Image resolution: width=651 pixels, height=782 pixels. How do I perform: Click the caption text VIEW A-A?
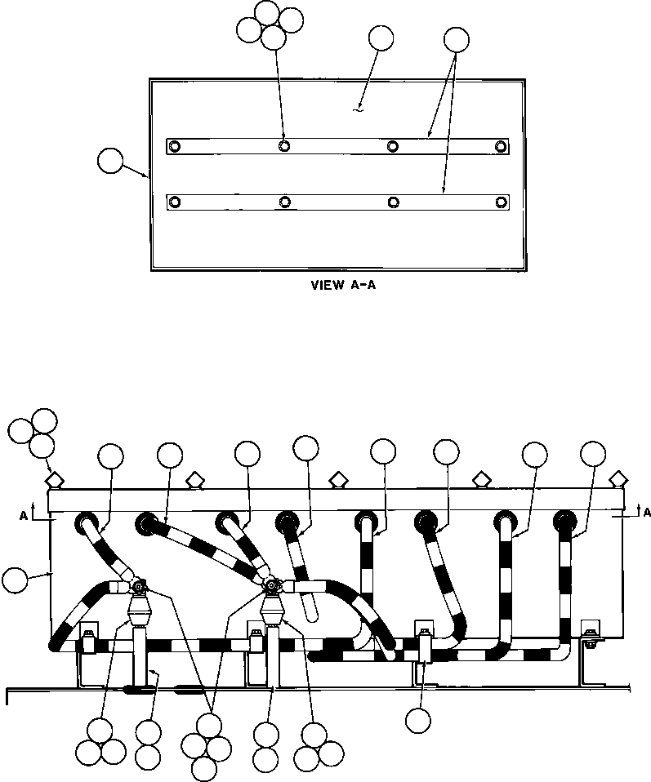click(x=337, y=286)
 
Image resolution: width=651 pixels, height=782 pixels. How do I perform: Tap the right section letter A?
click(x=646, y=512)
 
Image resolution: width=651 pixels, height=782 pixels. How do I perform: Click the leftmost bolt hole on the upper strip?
click(x=174, y=146)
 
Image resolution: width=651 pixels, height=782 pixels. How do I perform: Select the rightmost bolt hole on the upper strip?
click(x=501, y=146)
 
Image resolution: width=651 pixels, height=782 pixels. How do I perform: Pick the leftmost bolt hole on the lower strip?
click(x=174, y=202)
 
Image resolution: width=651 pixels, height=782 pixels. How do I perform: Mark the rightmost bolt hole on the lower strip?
click(x=501, y=202)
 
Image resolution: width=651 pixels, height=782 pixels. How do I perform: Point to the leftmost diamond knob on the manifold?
click(x=54, y=478)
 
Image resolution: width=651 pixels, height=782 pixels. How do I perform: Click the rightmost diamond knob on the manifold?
click(x=618, y=477)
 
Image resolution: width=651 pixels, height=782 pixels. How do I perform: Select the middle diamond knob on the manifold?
click(x=336, y=478)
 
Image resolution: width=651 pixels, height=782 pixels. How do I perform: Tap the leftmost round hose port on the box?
click(x=85, y=522)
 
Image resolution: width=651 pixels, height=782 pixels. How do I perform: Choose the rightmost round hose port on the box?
click(x=564, y=520)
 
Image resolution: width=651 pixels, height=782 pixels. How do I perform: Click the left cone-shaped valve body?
click(x=140, y=610)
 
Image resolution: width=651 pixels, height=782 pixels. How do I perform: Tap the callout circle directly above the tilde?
click(x=381, y=38)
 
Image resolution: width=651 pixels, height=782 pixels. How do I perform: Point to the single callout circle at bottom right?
click(x=417, y=719)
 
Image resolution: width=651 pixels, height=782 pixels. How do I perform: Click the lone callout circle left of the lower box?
click(x=14, y=580)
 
